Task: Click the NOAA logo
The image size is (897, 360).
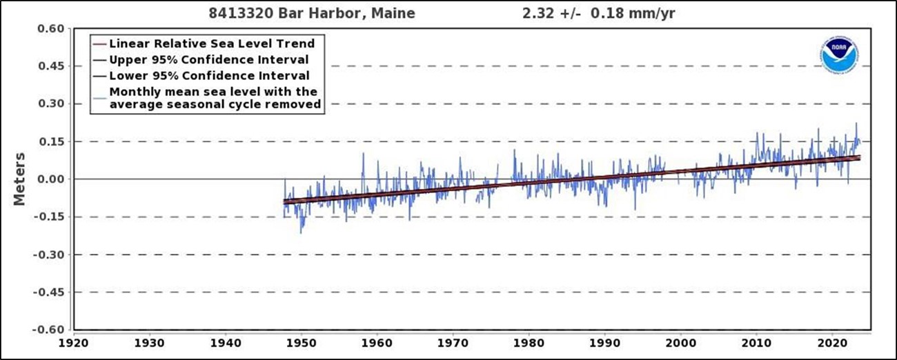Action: tap(839, 55)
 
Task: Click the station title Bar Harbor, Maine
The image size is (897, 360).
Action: tap(312, 13)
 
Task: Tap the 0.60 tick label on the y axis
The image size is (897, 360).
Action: tap(52, 28)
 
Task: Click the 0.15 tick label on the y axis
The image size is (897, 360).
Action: tap(52, 141)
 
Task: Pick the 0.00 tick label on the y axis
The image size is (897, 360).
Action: tap(52, 179)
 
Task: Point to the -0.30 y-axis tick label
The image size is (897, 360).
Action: tap(50, 254)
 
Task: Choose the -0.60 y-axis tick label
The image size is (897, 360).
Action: tap(50, 330)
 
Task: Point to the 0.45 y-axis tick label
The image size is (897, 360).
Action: tap(52, 66)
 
